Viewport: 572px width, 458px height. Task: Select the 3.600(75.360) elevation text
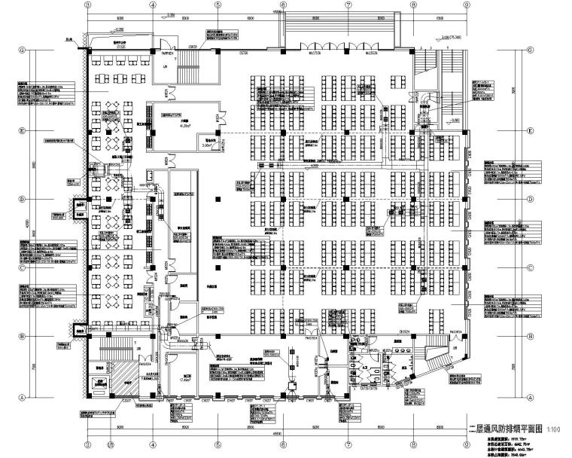point(452,36)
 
